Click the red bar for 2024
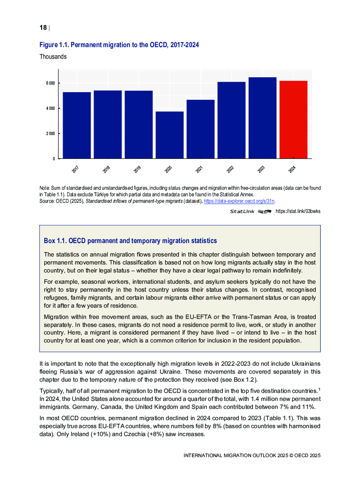coord(293,120)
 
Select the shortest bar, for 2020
coord(169,135)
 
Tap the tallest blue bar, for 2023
coord(262,118)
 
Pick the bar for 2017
coord(77,125)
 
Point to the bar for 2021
coord(200,129)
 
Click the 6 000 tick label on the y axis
coord(50,83)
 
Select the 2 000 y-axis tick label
coord(50,134)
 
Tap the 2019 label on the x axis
coord(137,169)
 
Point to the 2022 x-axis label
coord(230,169)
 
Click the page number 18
coord(43,28)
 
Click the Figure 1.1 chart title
coord(119,45)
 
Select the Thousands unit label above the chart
coord(53,57)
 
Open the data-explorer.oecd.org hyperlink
coord(239,201)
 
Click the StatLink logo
coord(250,212)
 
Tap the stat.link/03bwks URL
coord(298,211)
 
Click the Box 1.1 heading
coord(130,241)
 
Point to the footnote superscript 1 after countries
coord(319,389)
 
